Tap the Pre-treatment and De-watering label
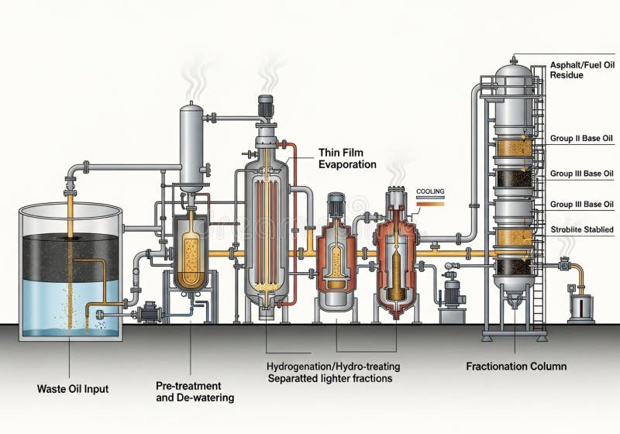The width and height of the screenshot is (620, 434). point(188,391)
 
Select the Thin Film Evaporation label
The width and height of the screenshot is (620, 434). point(347,158)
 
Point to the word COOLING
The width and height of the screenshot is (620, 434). point(430,190)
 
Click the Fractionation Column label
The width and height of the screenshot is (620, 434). point(515,366)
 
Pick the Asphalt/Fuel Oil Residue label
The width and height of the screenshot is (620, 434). point(580,70)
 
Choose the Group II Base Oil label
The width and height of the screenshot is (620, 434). point(581,139)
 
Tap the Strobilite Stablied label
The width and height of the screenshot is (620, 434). point(581,229)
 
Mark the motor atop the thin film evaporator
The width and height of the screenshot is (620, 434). point(266,106)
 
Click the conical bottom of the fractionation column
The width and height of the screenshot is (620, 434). point(513,295)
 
